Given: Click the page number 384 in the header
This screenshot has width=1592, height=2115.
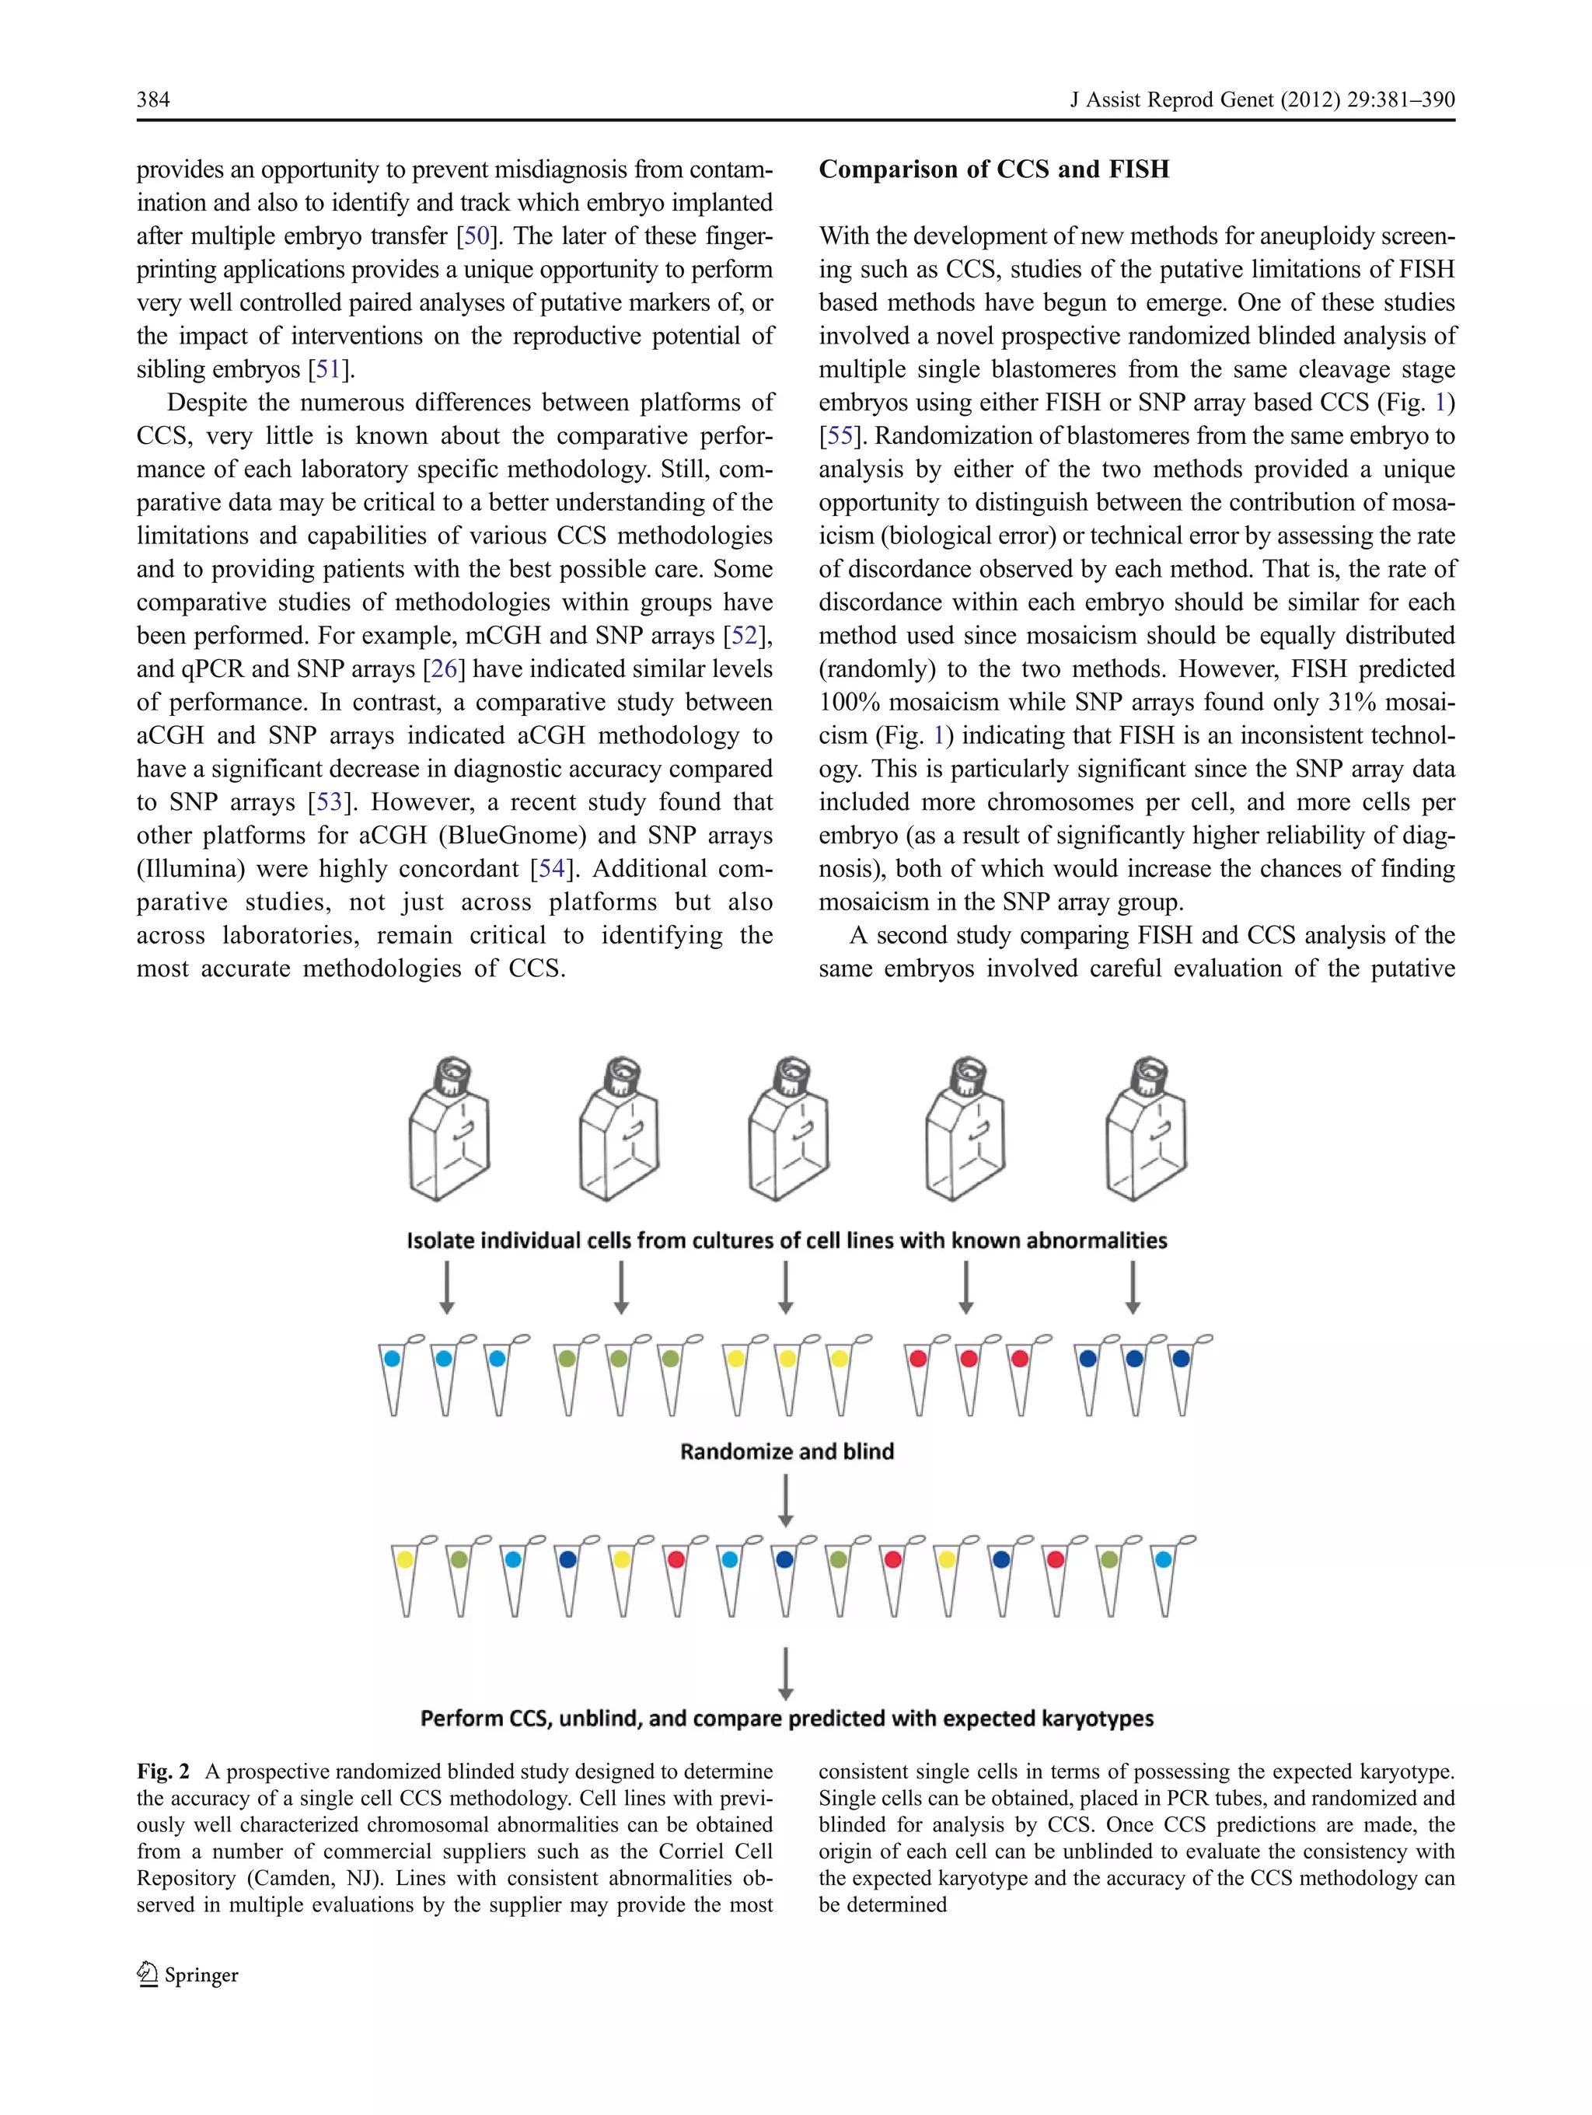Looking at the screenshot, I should [153, 99].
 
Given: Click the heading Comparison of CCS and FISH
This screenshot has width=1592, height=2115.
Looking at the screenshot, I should [993, 169].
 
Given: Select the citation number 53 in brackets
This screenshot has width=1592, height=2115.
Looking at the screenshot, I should [329, 802].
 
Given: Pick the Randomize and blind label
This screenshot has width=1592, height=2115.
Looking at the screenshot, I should [787, 1451].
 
